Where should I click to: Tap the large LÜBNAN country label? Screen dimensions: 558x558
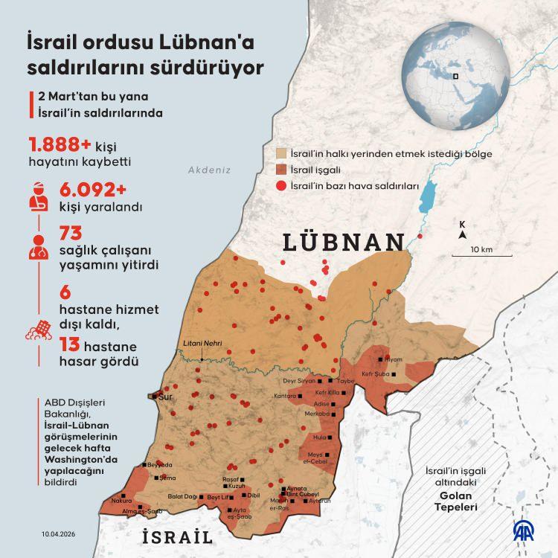344,243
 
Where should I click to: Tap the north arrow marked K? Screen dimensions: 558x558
463,230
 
